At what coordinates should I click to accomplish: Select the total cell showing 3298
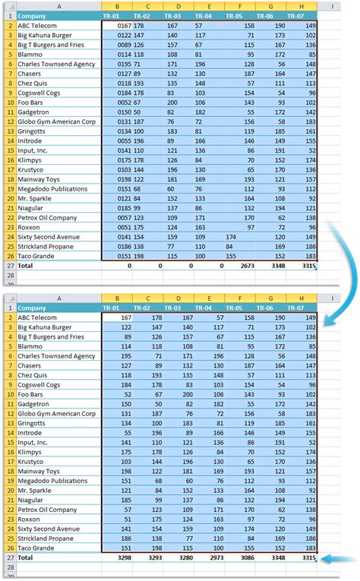tap(117, 557)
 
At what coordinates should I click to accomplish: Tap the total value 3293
tap(148, 557)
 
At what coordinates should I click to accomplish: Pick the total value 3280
tap(178, 557)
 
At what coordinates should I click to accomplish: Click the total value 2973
tap(210, 557)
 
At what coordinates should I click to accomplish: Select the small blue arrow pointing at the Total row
tap(339, 558)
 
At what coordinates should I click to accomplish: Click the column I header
tap(331, 6)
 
